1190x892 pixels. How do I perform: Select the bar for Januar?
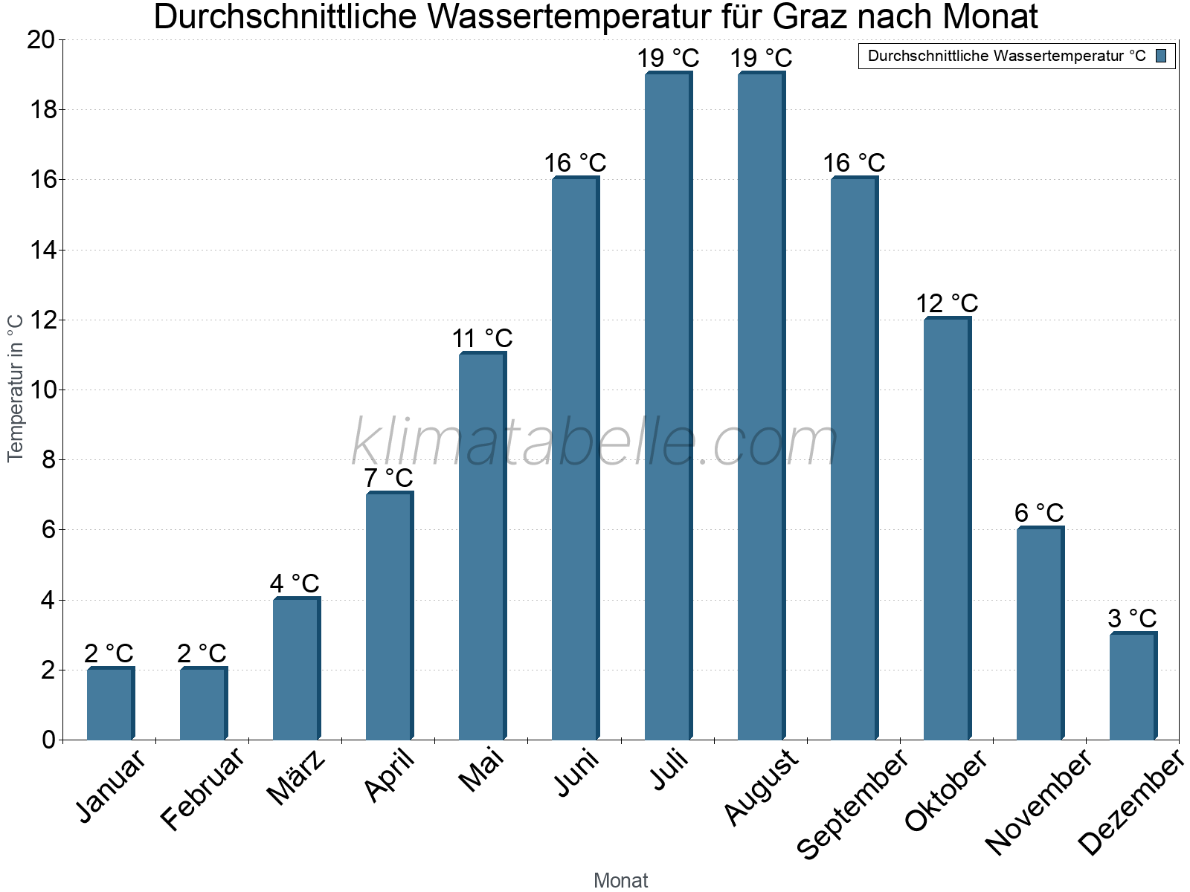tap(110, 704)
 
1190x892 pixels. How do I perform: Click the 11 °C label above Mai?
tap(482, 338)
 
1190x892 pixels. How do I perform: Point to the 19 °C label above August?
tap(761, 58)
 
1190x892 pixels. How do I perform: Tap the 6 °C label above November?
tap(1039, 513)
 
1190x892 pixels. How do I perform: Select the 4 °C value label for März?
tap(295, 584)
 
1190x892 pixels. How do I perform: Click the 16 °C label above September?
tap(854, 163)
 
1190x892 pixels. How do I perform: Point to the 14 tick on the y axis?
tap(43, 250)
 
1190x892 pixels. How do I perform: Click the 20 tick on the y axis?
tap(42, 40)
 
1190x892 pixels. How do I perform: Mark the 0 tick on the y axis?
tap(49, 740)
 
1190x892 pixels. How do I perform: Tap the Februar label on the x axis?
tap(202, 787)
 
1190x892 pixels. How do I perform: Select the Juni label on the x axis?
tap(577, 772)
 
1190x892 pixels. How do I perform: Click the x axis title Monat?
tap(620, 880)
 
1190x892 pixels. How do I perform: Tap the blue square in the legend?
tap(1161, 56)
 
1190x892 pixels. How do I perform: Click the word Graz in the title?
tap(819, 17)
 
